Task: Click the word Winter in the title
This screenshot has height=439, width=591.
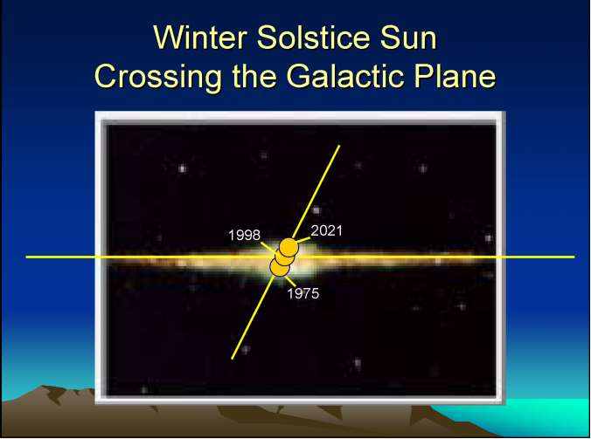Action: click(x=200, y=38)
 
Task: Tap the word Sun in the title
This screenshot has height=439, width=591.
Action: click(x=408, y=38)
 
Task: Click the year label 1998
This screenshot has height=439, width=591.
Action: click(x=244, y=236)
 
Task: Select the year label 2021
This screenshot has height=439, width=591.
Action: click(x=326, y=230)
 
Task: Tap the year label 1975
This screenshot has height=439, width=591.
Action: click(x=303, y=293)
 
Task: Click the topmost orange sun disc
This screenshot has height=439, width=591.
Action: click(x=289, y=248)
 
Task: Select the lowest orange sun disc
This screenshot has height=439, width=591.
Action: click(x=280, y=267)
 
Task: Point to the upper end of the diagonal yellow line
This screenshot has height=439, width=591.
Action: click(x=339, y=146)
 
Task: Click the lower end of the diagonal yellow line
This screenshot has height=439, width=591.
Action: click(x=233, y=359)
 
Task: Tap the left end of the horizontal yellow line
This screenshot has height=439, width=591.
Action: click(x=26, y=257)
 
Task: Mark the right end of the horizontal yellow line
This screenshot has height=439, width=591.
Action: click(x=574, y=257)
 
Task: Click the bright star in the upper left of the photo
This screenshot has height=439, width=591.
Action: click(x=183, y=168)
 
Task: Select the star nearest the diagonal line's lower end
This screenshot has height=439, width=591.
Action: click(x=246, y=350)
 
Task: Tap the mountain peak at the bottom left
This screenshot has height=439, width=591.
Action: click(x=45, y=386)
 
